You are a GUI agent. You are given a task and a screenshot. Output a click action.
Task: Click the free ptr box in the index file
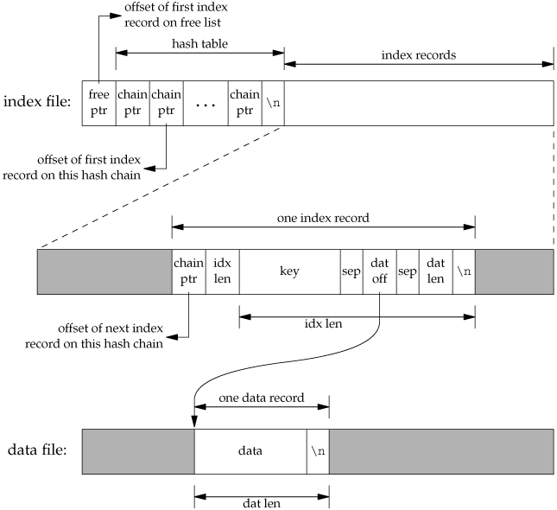[x=98, y=103]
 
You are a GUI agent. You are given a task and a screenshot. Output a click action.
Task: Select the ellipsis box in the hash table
[x=206, y=103]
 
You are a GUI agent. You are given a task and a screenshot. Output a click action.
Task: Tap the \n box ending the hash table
[x=273, y=103]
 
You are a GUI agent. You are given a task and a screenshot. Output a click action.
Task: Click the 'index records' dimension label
[x=418, y=54]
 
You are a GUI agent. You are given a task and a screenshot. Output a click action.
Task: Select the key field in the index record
[x=289, y=272]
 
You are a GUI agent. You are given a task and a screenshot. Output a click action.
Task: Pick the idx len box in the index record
[x=222, y=272]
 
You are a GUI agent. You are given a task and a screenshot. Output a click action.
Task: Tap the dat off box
[x=379, y=272]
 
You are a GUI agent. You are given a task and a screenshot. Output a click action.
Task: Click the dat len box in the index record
[x=436, y=272]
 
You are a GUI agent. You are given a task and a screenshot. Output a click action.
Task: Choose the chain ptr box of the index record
[x=188, y=272]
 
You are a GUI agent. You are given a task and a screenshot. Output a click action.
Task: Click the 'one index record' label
[x=323, y=219]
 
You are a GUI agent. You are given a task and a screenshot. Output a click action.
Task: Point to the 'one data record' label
[x=262, y=398]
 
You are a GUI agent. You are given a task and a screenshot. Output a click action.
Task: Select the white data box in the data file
[x=250, y=451]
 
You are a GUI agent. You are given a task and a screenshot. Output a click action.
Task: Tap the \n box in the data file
[x=318, y=451]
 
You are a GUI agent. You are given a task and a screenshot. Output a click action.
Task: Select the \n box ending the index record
[x=464, y=272]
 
